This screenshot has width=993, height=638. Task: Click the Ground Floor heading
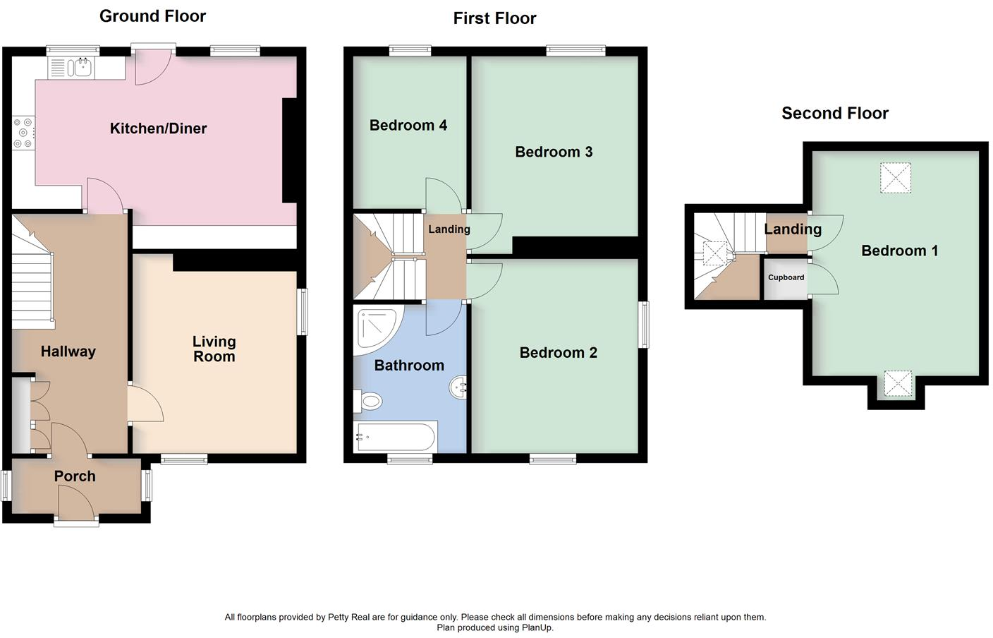click(x=152, y=16)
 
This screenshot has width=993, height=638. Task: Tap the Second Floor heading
click(x=834, y=113)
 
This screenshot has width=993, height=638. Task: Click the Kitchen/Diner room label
click(x=158, y=128)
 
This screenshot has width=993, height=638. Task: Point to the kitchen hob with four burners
click(x=23, y=133)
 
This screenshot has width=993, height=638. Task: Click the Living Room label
click(x=214, y=349)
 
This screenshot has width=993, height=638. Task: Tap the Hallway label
click(x=68, y=351)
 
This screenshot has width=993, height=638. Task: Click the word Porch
click(x=75, y=476)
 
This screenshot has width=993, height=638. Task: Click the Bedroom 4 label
click(x=408, y=126)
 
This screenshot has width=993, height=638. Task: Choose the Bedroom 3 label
click(x=554, y=152)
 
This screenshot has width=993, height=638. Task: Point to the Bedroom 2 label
click(x=558, y=353)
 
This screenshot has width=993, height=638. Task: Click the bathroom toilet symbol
click(x=368, y=402)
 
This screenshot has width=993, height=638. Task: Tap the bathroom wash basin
click(x=458, y=387)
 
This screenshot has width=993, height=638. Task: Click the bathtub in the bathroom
click(x=395, y=437)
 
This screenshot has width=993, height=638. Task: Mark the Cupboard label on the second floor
click(x=786, y=277)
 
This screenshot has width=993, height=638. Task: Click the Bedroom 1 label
click(x=899, y=251)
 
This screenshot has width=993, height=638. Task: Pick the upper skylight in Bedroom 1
click(x=895, y=178)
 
